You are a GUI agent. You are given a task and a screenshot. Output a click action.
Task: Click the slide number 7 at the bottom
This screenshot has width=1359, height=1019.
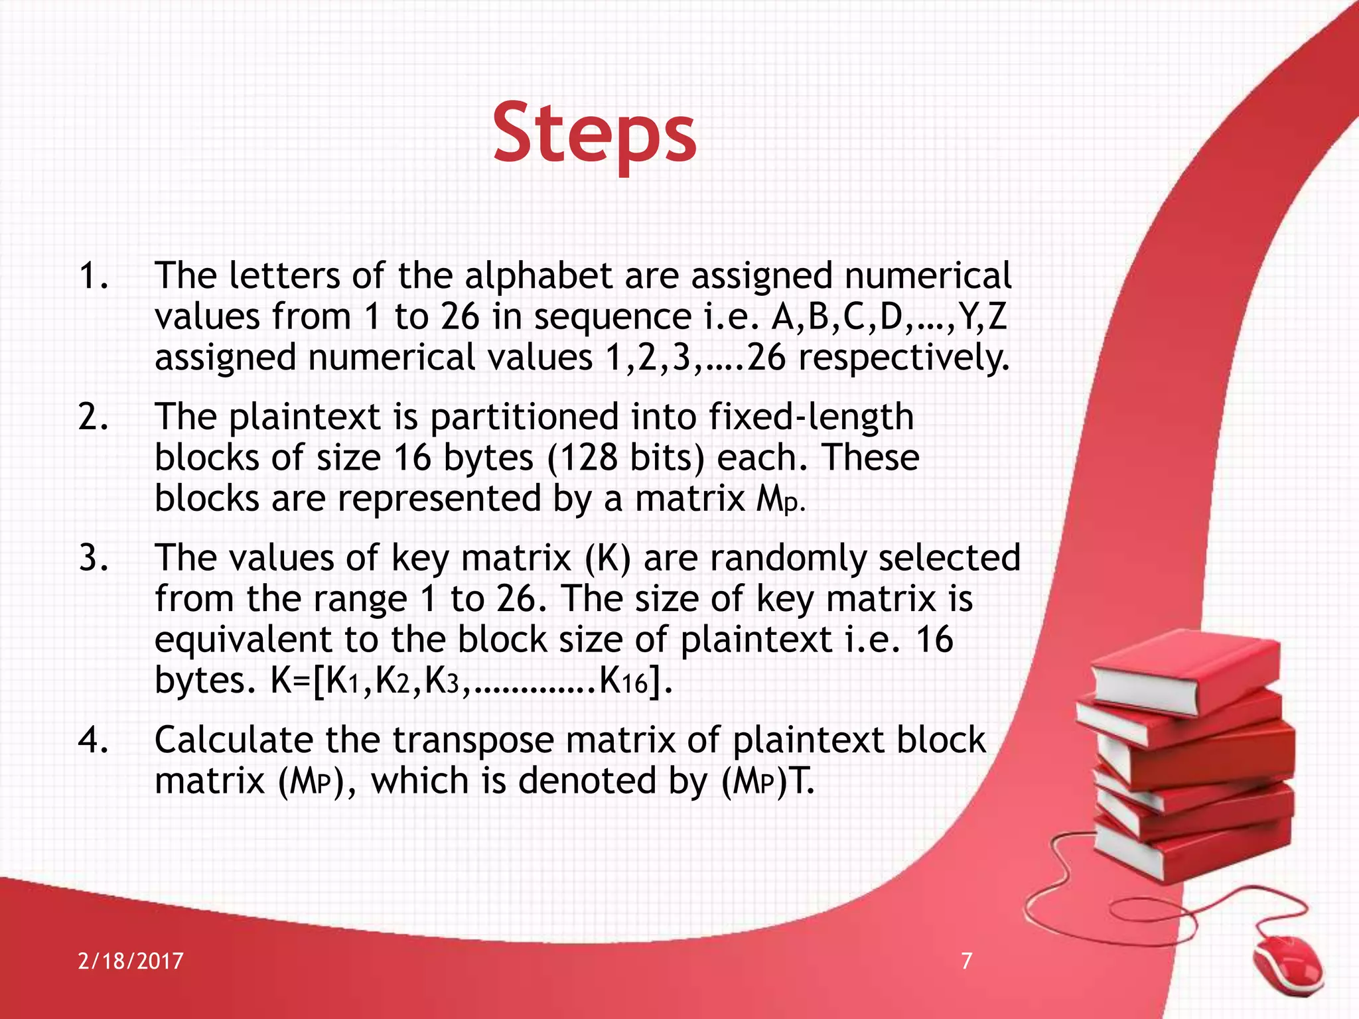click(967, 961)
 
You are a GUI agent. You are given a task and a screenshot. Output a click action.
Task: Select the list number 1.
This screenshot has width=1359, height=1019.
click(92, 276)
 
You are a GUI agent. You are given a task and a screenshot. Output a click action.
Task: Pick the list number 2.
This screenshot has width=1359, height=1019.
click(92, 417)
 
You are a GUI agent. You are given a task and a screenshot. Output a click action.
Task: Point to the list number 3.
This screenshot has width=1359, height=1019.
click(92, 558)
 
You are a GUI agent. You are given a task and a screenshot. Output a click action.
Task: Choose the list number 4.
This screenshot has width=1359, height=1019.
click(92, 740)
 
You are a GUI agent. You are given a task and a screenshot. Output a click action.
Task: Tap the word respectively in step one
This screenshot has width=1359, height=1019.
click(904, 358)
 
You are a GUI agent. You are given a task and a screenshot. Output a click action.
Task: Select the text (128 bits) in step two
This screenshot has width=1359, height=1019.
click(626, 458)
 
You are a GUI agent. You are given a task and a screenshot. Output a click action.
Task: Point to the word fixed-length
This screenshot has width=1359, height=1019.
click(811, 417)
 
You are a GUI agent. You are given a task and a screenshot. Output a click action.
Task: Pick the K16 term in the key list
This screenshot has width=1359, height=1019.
click(622, 681)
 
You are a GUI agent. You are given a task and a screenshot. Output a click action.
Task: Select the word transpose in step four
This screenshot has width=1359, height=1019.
click(473, 741)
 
